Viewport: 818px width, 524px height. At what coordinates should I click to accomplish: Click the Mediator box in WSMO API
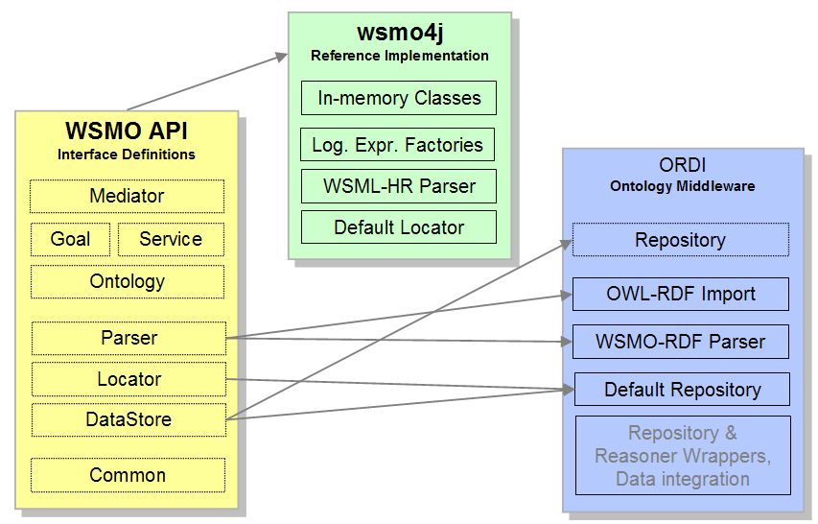pos(127,196)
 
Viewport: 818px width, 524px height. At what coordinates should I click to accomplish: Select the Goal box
pos(70,239)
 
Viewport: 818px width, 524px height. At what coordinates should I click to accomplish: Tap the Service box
pos(171,239)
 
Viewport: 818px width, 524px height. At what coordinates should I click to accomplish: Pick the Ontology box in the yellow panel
pos(127,282)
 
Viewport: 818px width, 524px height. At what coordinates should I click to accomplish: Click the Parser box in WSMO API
pos(129,338)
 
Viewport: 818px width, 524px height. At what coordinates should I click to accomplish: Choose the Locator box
pos(129,379)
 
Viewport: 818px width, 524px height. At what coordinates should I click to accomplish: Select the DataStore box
pos(129,419)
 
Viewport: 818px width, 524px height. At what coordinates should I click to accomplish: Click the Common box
pos(128,475)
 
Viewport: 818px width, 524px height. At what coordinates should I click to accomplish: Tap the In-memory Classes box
pos(399,98)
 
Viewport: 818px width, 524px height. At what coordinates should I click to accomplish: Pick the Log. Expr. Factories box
pos(397,146)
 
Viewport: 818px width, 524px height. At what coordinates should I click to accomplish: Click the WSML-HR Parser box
pos(399,186)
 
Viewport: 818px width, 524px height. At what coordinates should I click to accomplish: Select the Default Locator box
pos(399,227)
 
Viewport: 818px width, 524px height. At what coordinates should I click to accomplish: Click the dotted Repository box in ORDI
pos(680,240)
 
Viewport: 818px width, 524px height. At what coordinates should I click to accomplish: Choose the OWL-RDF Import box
pos(680,294)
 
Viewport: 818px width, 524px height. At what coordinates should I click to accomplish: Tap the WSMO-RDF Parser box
pos(681,342)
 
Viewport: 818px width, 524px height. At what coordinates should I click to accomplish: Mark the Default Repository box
pos(682,390)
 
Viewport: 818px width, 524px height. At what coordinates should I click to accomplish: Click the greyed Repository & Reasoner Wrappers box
pos(682,456)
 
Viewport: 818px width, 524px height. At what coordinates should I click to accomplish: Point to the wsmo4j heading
pos(399,32)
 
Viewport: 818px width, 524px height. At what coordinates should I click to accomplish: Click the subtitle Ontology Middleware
pos(682,186)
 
